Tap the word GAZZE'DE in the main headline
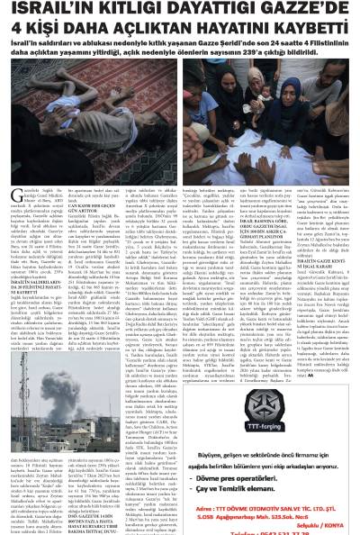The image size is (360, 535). [306, 11]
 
